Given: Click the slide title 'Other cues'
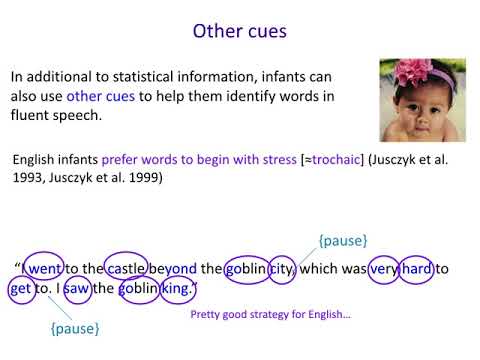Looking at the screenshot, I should tap(239, 31).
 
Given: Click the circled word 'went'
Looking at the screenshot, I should tap(46, 269).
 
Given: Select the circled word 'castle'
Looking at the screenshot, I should tap(128, 269).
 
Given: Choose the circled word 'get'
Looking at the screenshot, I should tap(21, 290).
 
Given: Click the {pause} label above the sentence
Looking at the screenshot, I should tap(342, 242).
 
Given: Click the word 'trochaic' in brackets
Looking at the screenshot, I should tap(313, 160).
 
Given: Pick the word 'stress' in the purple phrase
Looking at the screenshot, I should tap(251, 160).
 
